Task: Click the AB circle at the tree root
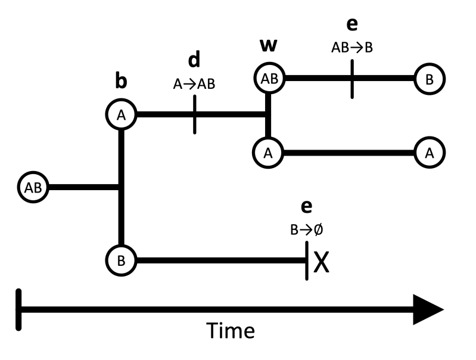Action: click(x=33, y=187)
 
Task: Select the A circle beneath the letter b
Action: click(x=122, y=115)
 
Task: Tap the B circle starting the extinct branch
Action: click(x=122, y=260)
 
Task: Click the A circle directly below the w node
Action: click(x=268, y=153)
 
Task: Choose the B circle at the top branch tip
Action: click(x=430, y=79)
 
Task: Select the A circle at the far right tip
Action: click(x=430, y=153)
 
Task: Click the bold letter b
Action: click(x=121, y=82)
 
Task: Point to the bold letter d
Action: click(x=194, y=60)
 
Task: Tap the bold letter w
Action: click(x=268, y=45)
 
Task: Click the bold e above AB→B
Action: click(x=352, y=25)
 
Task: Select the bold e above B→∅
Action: click(x=307, y=206)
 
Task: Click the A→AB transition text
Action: click(x=194, y=85)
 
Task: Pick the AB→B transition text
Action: click(x=352, y=48)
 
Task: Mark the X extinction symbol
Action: click(x=321, y=262)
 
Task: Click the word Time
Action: click(x=231, y=331)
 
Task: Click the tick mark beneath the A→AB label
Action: click(x=195, y=114)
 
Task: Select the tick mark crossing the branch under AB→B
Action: click(x=352, y=79)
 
